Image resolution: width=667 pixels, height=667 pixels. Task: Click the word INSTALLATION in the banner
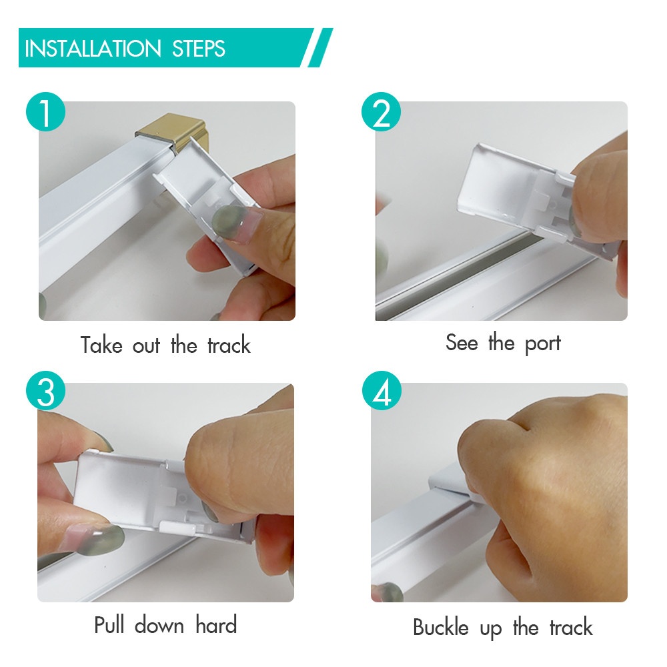(93, 49)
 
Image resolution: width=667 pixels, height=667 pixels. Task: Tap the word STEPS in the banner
(198, 49)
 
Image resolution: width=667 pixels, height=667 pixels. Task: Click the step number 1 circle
(45, 112)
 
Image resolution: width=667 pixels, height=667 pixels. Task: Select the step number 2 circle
(381, 112)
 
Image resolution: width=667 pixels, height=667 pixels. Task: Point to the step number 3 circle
(45, 392)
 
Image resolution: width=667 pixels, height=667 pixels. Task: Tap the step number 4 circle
(382, 392)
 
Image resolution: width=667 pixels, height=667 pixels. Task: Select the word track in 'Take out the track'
(229, 345)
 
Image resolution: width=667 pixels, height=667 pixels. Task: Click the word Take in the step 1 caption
(101, 345)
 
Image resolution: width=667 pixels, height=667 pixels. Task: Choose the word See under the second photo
(462, 342)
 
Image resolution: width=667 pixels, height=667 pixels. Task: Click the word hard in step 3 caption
(216, 626)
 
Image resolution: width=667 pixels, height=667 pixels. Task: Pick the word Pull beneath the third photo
(109, 626)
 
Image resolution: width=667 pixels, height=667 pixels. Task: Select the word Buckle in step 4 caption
(441, 628)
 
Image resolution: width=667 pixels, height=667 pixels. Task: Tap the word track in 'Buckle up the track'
(571, 628)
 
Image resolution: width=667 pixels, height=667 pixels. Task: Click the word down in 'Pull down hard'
(159, 626)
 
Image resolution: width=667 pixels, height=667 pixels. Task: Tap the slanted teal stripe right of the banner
(320, 47)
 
